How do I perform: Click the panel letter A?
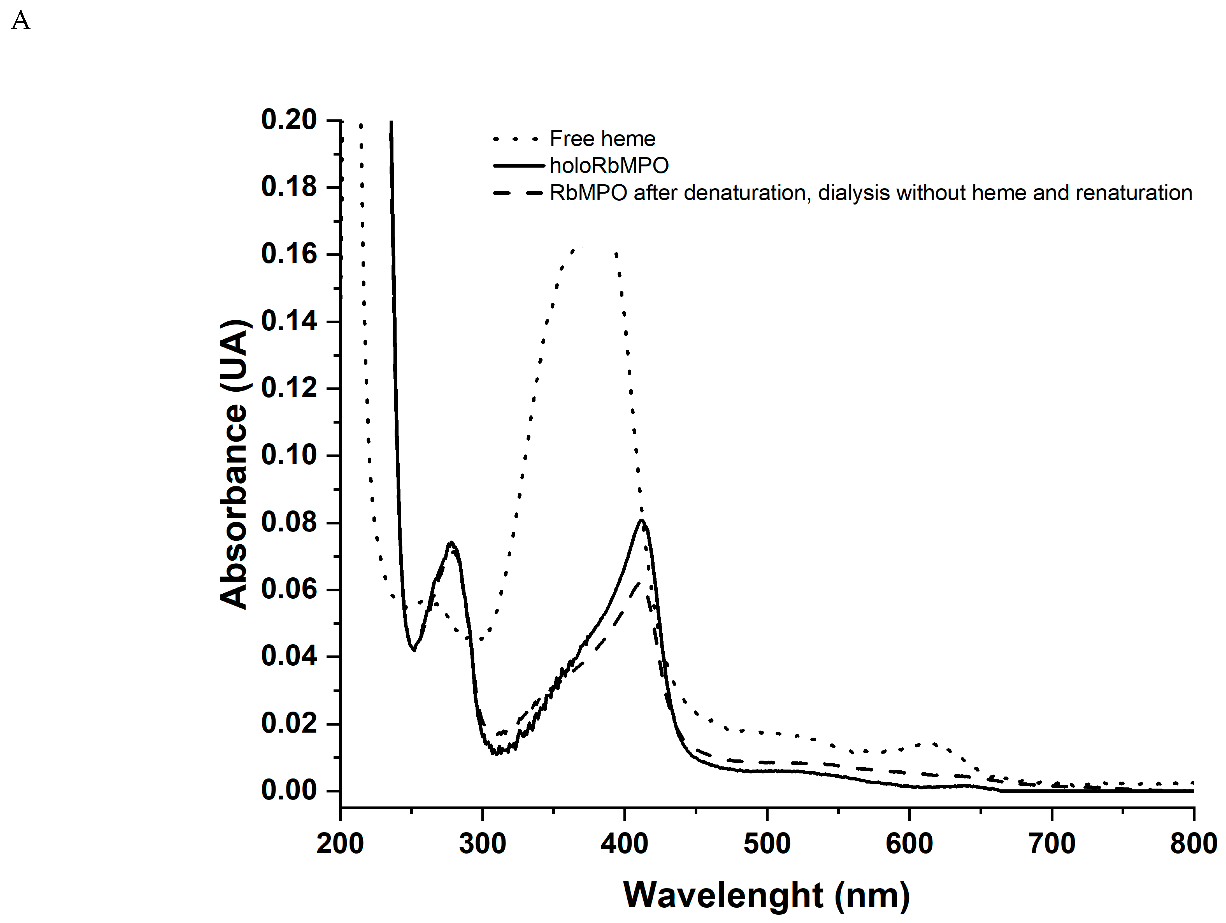[20, 21]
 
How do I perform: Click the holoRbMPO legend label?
[609, 165]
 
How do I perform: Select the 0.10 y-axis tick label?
[289, 455]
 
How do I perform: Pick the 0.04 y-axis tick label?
[289, 656]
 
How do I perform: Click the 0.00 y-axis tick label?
[289, 791]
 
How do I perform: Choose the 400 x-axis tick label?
[625, 844]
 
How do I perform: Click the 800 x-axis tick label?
[1193, 844]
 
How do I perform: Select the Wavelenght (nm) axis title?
[766, 895]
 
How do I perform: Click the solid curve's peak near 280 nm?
[452, 542]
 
